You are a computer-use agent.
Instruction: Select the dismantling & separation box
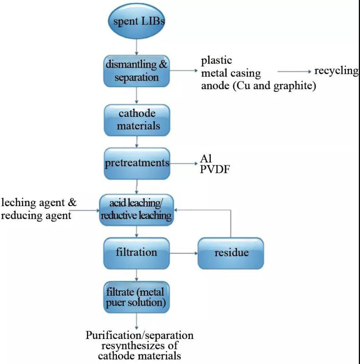(137, 71)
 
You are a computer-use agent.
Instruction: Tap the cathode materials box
(137, 119)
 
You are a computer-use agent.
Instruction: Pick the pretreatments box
(137, 163)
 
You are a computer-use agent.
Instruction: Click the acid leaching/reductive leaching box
(137, 210)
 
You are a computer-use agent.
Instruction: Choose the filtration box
(137, 252)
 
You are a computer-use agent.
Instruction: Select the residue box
(231, 253)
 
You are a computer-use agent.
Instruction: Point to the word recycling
(336, 71)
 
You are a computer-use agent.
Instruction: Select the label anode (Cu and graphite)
(258, 86)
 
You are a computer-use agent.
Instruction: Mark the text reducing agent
(36, 216)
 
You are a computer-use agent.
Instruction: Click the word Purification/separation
(140, 336)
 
